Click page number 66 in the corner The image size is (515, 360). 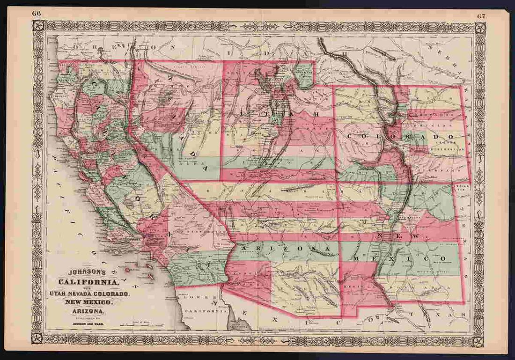37,13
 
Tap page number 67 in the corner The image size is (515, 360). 481,16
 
